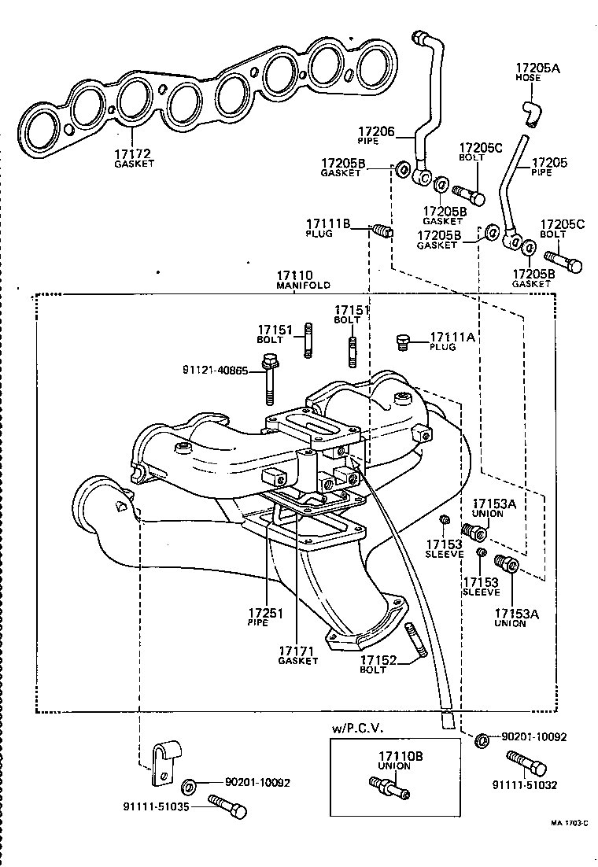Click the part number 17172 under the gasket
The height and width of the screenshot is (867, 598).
pos(133,153)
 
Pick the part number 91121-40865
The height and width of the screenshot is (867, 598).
pos(215,369)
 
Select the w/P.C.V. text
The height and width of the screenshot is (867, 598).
pos(359,729)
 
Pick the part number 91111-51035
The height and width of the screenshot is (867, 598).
pos(156,806)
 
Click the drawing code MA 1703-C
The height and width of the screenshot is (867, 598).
pos(569,822)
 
